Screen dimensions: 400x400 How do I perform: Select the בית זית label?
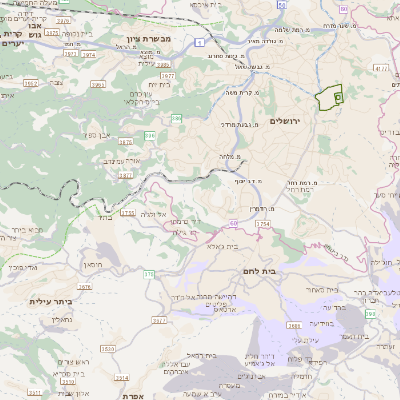(x=160, y=83)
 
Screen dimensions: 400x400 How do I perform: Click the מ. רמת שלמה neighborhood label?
(x=307, y=30)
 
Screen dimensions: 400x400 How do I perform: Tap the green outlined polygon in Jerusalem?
(x=328, y=98)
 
